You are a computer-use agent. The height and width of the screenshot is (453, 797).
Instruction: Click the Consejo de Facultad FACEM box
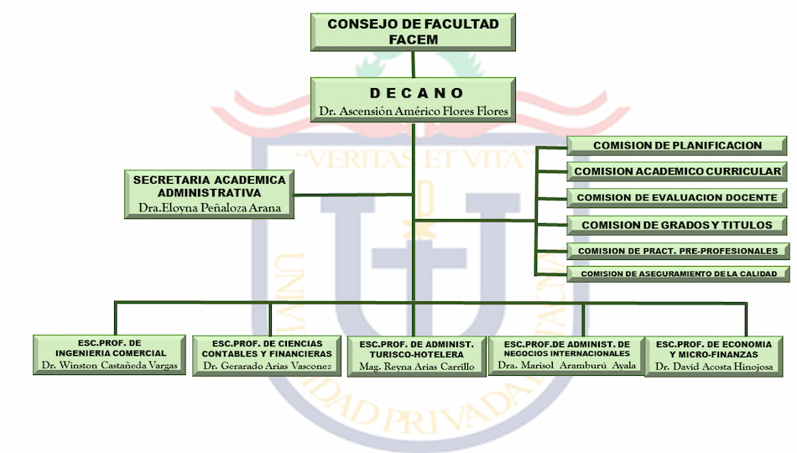click(x=413, y=32)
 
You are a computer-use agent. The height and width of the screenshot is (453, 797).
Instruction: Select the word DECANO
click(x=416, y=94)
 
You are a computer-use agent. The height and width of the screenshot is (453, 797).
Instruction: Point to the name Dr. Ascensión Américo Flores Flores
click(x=414, y=111)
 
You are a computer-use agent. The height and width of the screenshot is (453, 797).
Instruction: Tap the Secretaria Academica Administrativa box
click(x=210, y=195)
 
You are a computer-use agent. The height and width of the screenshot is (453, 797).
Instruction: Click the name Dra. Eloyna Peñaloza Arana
click(x=210, y=207)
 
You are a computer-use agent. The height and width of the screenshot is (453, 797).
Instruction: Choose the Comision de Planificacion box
click(x=677, y=145)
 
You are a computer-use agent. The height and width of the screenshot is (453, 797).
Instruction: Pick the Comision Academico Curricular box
click(x=677, y=171)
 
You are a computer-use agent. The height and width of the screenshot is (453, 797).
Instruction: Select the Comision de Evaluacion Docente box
click(x=677, y=197)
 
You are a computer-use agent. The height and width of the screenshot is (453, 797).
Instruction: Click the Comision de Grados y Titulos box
click(x=677, y=225)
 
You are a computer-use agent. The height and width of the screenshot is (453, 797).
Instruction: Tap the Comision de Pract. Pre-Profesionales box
click(x=678, y=251)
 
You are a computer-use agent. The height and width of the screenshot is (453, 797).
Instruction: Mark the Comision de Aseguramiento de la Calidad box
click(x=678, y=273)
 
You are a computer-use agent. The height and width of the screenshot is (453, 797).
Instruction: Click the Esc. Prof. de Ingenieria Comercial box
click(x=109, y=354)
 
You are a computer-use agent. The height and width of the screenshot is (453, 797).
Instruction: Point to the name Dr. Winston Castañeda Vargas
click(x=110, y=365)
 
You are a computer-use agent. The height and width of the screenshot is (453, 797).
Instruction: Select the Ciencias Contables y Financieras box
click(x=267, y=356)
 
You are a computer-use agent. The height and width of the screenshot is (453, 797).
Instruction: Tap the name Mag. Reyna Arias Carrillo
click(x=417, y=367)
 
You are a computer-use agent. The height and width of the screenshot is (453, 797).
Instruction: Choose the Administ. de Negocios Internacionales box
click(x=567, y=356)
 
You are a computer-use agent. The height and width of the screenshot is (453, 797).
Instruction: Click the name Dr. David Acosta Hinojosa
click(x=714, y=367)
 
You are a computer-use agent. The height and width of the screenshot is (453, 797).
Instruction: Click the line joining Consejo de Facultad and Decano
click(x=414, y=65)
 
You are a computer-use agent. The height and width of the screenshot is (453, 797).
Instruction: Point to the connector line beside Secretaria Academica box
click(x=353, y=195)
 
